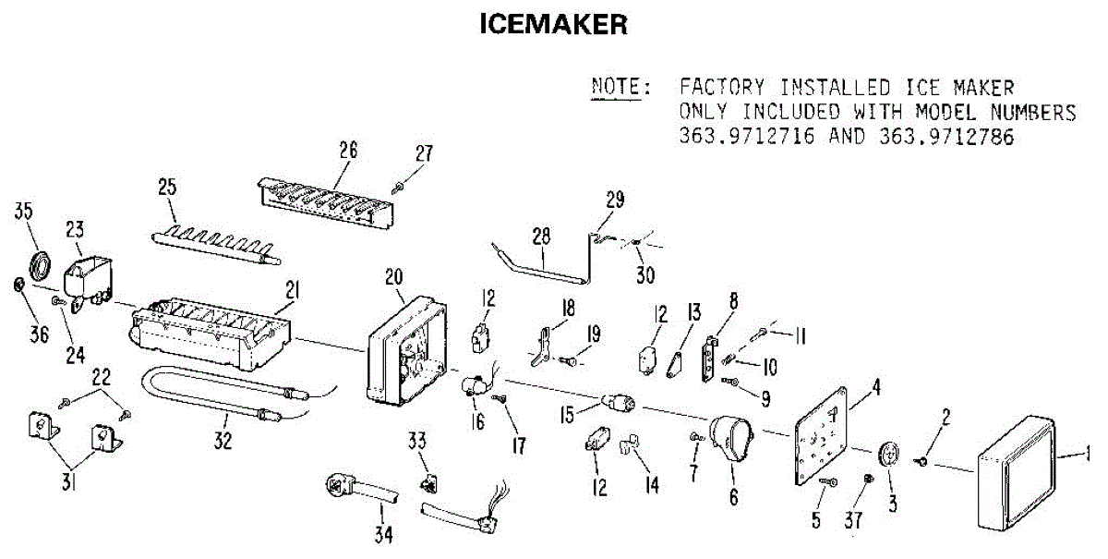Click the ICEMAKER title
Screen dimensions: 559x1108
click(553, 25)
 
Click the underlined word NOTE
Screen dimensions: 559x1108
click(620, 89)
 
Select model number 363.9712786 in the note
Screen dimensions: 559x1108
click(941, 138)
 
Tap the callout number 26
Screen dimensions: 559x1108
click(348, 150)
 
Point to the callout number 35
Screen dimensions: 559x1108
click(24, 212)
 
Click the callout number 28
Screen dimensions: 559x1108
click(540, 237)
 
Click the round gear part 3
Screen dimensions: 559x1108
click(890, 455)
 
